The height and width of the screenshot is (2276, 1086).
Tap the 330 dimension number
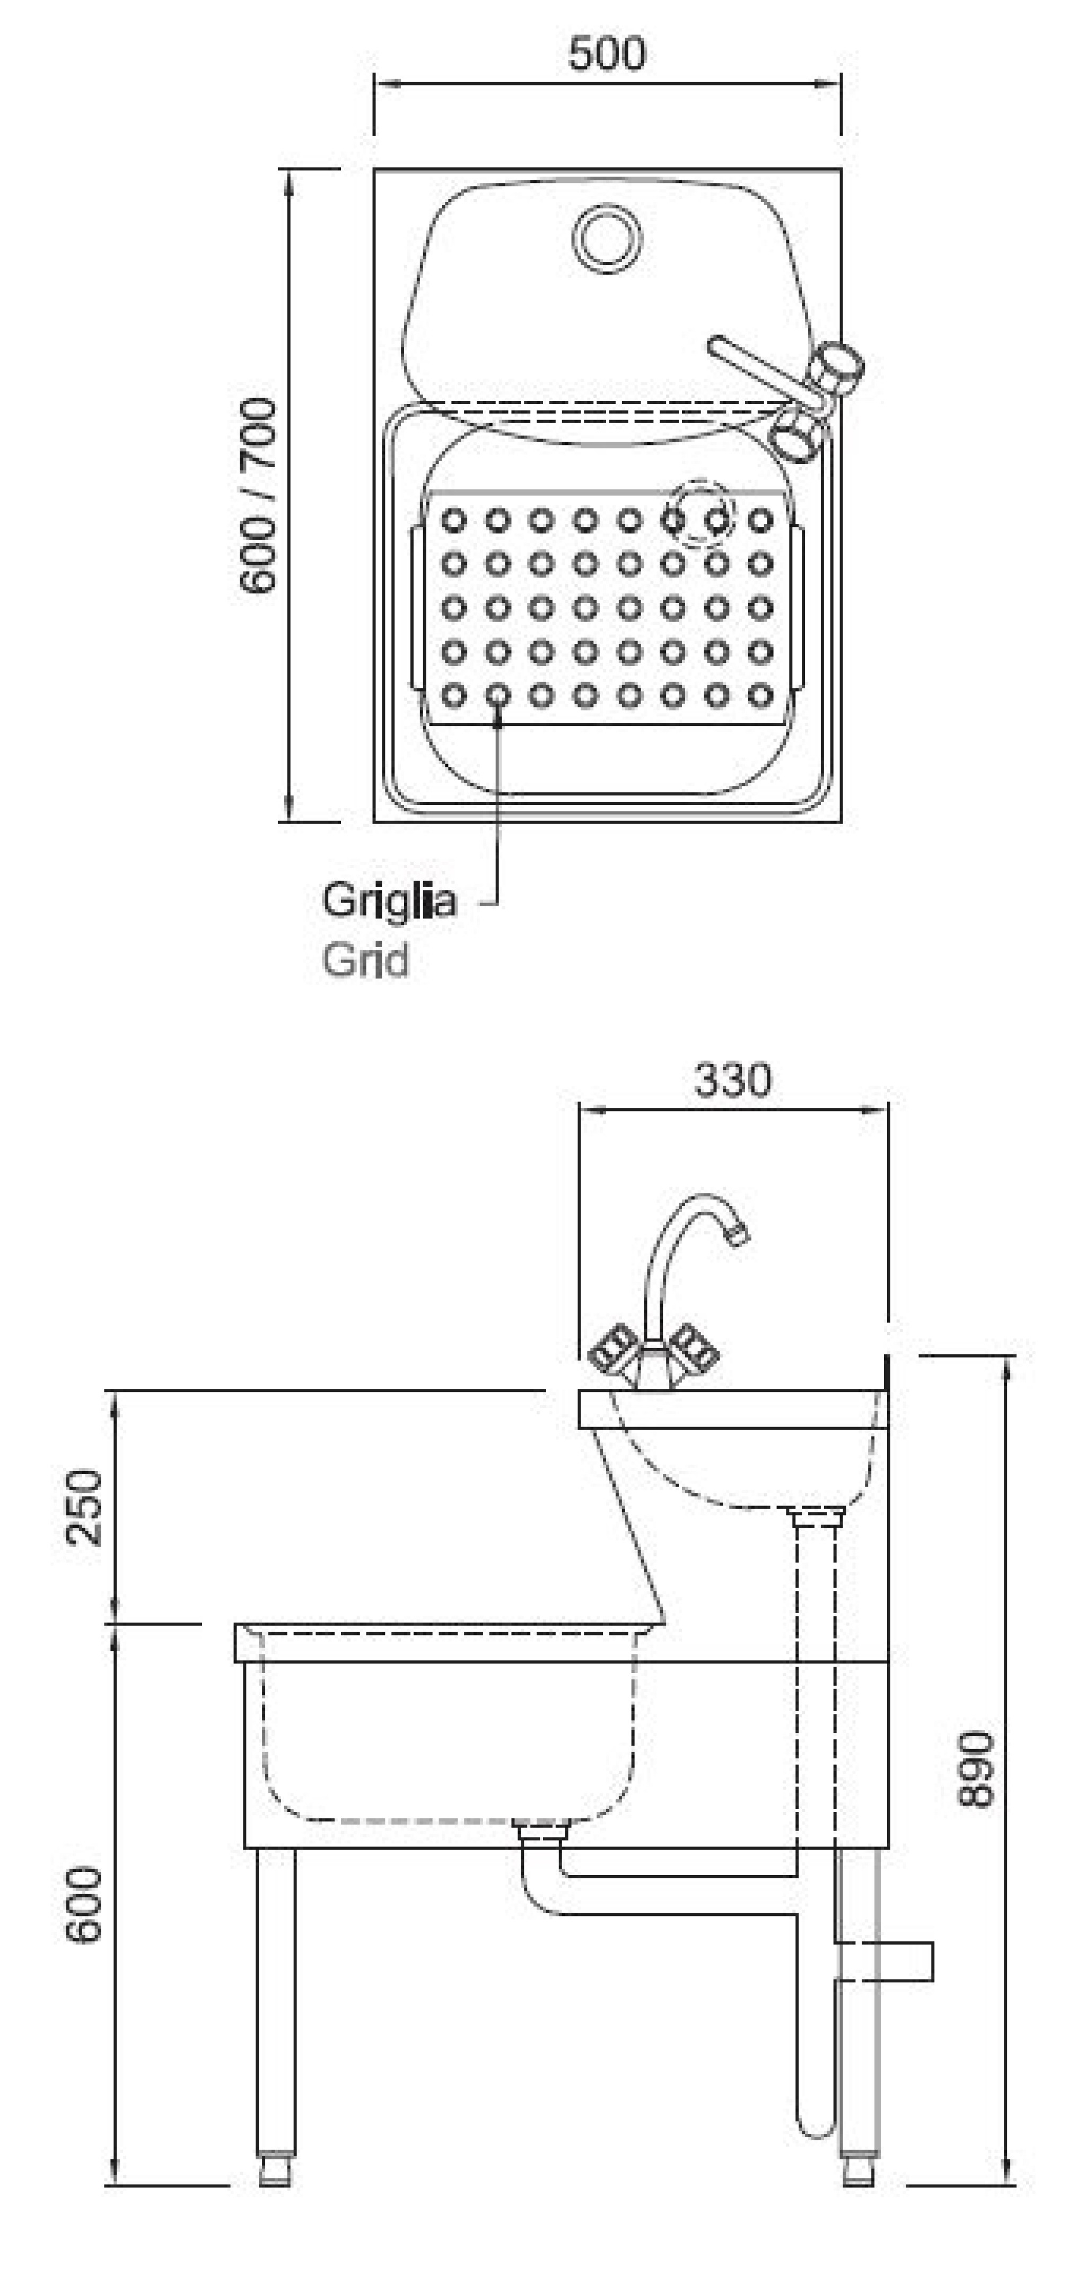point(732,1080)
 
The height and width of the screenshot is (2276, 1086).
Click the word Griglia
point(389,901)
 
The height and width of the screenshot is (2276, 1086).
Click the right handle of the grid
point(798,608)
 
